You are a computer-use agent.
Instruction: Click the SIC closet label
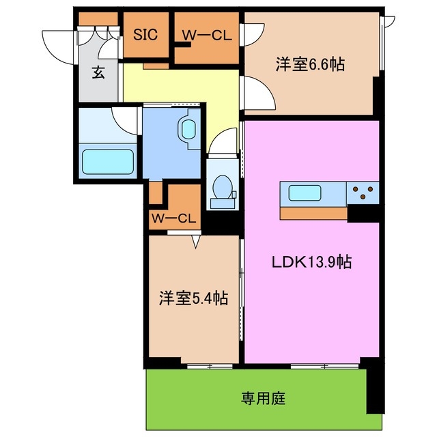click(145, 33)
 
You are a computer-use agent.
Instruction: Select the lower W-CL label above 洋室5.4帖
click(173, 219)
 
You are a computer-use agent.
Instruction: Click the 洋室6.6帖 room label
click(309, 65)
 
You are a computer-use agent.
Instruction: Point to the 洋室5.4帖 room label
click(193, 298)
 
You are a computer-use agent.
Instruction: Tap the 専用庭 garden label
click(259, 397)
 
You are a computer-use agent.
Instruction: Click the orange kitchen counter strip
click(313, 213)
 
